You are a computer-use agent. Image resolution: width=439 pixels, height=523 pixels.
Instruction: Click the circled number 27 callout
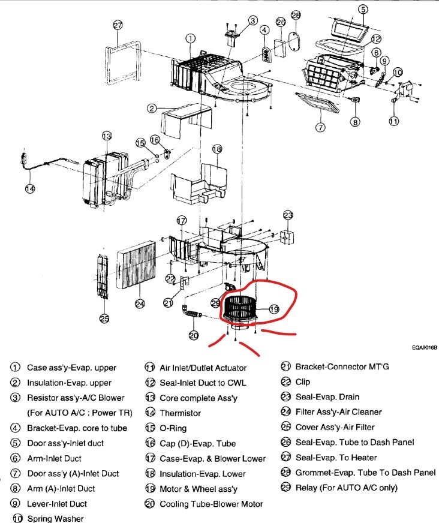(x=118, y=25)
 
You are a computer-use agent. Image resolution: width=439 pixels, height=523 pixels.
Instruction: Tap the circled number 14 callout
(x=30, y=188)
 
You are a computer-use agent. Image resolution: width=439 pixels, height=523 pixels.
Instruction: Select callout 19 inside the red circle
(x=274, y=309)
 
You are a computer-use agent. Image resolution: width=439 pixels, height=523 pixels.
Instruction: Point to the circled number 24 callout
(x=140, y=303)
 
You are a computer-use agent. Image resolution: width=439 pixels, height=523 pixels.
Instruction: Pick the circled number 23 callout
(x=288, y=215)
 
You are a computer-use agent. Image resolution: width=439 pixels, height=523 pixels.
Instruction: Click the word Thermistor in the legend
(x=180, y=413)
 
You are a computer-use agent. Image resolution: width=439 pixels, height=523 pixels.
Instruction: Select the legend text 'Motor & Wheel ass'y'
(x=198, y=489)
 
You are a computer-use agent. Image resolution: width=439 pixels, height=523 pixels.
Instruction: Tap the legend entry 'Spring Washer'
(x=55, y=518)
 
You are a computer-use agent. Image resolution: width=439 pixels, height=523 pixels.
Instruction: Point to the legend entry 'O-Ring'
(x=173, y=428)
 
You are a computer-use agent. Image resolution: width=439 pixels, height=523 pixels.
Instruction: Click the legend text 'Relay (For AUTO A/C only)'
(x=346, y=488)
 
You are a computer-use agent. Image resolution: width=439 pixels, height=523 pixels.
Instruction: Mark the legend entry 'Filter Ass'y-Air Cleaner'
(x=338, y=412)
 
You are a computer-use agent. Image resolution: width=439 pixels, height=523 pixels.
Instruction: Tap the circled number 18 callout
(x=217, y=149)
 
